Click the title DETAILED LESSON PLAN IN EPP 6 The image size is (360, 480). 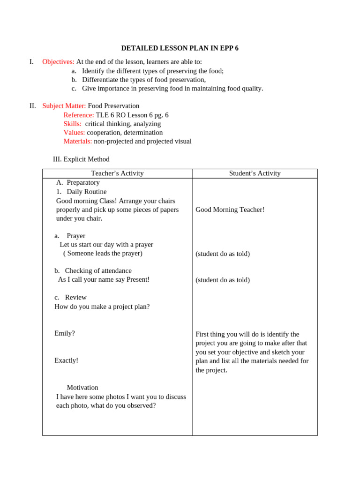click(x=180, y=48)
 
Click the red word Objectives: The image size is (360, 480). click(x=58, y=62)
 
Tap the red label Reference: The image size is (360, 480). click(x=78, y=115)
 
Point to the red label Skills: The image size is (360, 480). click(x=72, y=124)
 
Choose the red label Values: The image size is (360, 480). click(x=74, y=133)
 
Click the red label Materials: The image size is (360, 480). click(x=77, y=142)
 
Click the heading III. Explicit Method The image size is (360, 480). click(x=81, y=159)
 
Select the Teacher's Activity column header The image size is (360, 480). click(x=117, y=173)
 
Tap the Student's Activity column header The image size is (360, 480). click(x=255, y=173)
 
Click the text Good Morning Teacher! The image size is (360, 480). click(x=230, y=210)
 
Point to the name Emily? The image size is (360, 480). click(x=65, y=333)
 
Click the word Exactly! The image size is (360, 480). click(x=66, y=360)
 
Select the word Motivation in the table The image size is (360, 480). click(x=82, y=388)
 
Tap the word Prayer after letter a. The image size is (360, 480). click(x=76, y=236)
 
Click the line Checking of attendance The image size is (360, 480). click(x=98, y=271)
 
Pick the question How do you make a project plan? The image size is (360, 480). click(x=102, y=307)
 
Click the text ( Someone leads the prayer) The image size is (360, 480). click(x=103, y=254)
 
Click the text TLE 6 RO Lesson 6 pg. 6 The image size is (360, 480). click(x=132, y=115)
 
